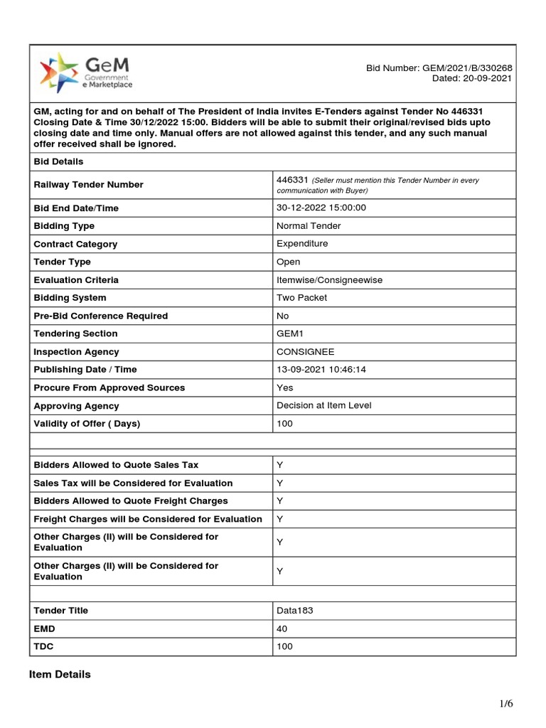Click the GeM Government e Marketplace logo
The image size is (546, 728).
pos(86,72)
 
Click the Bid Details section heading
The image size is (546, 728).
pos(59,161)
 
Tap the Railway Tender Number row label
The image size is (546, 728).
pos(88,185)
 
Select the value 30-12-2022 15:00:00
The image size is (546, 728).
pos(321,208)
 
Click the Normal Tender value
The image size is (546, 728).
pos(309,225)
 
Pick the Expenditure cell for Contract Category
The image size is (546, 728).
pos(302,244)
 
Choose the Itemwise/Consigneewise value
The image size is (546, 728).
pos(329,279)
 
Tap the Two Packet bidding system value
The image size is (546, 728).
pos(301,298)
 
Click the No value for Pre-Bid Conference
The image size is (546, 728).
pos(283,316)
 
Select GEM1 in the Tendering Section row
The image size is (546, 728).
pos(290,333)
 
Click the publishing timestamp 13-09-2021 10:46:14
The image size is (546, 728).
pos(321,370)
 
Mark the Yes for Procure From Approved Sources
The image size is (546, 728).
pos(284,387)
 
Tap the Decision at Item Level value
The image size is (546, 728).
pos(323,405)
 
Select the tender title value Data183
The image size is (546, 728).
pos(294,611)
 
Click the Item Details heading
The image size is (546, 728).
pos(60,674)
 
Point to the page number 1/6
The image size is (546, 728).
pos(505,704)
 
